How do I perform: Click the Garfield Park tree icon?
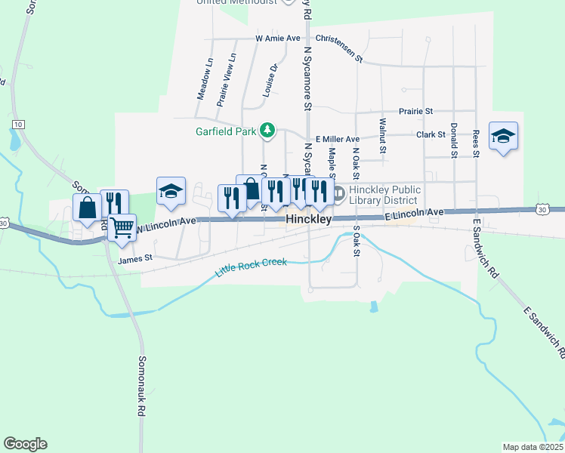[x=266, y=131]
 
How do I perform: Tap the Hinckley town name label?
[x=309, y=219]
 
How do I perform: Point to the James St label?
[x=136, y=258]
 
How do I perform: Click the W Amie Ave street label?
[x=278, y=38]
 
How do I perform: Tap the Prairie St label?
[x=416, y=110]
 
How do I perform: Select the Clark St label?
[x=431, y=134]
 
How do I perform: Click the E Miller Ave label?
[x=338, y=139]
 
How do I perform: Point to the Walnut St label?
[x=383, y=135]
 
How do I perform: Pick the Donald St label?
[x=453, y=140]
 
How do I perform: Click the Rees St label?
[x=476, y=143]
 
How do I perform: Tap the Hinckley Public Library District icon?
[x=339, y=194]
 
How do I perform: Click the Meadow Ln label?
[x=204, y=79]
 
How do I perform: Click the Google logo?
[x=25, y=444]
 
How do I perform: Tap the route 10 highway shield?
[x=18, y=124]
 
